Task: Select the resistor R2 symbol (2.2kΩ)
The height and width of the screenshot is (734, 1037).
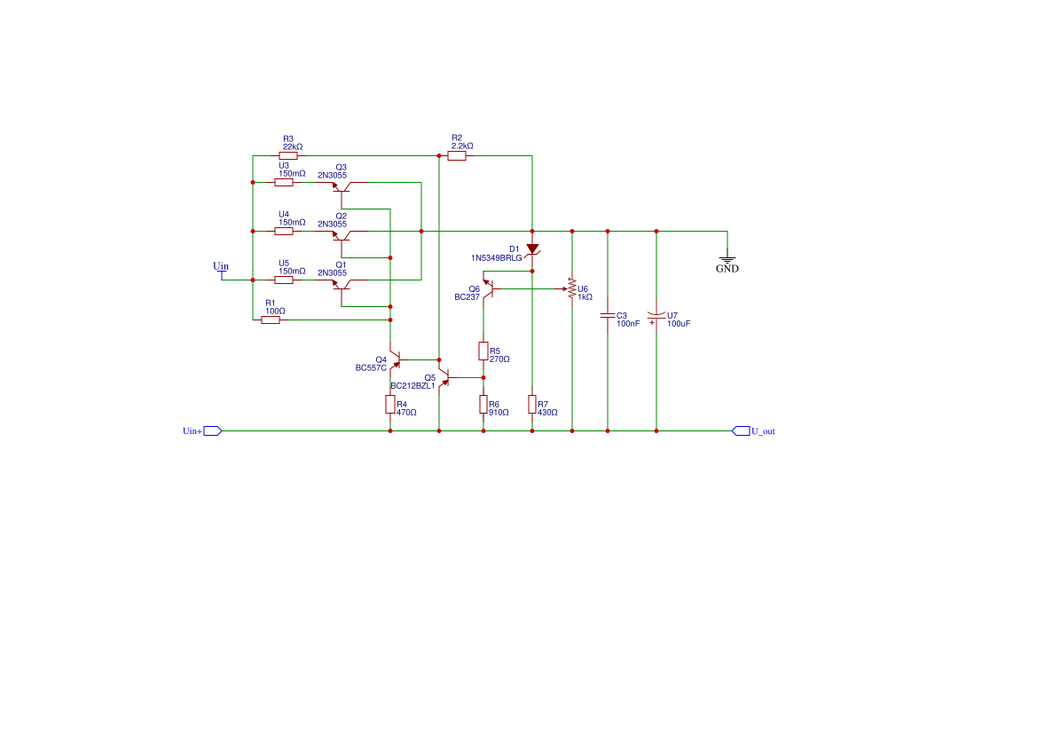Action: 457,156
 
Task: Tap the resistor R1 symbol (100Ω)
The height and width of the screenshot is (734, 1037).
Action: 271,320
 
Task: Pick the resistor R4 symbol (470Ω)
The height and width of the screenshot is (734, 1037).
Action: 390,405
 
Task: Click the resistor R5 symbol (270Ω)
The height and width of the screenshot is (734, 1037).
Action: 483,351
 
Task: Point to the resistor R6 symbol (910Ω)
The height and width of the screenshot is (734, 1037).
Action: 483,405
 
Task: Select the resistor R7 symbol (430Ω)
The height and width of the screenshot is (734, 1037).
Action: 532,405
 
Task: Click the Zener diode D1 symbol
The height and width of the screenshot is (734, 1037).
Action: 532,249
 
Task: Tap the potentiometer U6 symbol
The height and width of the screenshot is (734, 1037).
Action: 572,289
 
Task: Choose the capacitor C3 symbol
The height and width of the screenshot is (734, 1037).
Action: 608,315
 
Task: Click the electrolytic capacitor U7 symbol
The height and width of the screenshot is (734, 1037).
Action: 656,315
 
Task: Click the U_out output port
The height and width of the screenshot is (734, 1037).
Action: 741,431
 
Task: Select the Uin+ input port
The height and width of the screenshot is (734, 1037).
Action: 212,431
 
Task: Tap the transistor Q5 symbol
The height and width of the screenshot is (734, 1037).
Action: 444,376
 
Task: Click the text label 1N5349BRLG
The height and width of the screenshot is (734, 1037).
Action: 496,257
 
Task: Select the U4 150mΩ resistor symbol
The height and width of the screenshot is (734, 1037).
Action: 284,231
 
